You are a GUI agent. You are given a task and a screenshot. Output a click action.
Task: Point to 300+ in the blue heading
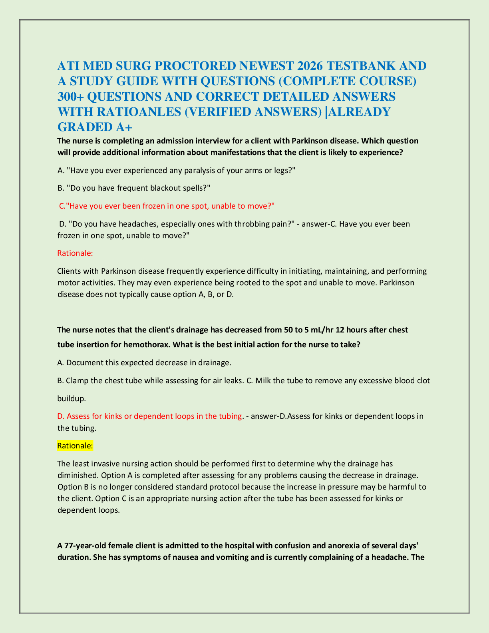70,96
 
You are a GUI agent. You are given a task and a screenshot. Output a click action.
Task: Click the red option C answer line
167,206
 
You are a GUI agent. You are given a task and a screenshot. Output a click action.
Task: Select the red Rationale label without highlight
75,253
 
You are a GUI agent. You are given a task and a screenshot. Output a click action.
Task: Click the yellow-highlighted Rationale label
75,446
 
